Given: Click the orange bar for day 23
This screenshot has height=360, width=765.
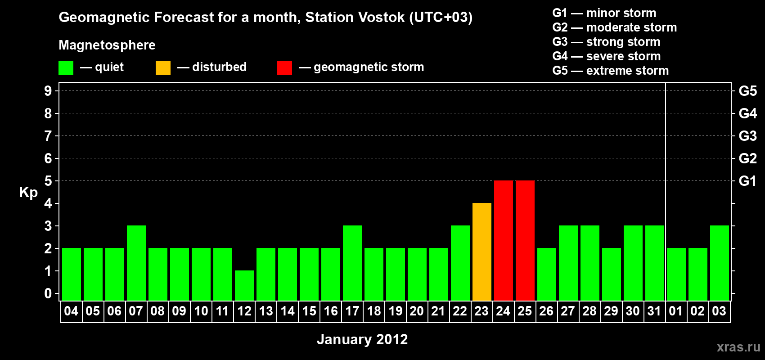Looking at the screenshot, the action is (482, 252).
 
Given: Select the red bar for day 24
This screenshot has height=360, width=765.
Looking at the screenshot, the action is (504, 240).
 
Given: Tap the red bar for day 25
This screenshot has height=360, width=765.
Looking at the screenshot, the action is (525, 240).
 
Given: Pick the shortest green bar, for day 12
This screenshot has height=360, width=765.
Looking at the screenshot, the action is (244, 286).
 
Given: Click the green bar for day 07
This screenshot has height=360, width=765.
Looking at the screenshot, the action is (136, 263).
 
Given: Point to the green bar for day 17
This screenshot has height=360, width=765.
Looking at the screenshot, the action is (352, 263).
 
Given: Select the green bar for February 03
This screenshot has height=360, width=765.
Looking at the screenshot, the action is (720, 263).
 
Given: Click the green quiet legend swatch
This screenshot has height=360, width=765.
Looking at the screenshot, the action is (66, 67).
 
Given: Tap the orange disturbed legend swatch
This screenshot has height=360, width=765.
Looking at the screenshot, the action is (163, 67).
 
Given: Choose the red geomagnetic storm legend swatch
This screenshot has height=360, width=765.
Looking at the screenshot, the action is (285, 67).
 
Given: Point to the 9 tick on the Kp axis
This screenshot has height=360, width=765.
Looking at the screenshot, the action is (48, 91).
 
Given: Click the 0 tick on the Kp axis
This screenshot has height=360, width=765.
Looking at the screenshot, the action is (48, 293).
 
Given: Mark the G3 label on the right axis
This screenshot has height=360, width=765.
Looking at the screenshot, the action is (747, 136).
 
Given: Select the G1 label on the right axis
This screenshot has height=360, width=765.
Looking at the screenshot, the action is (747, 181).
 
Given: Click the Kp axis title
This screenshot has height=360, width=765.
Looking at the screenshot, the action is (28, 193).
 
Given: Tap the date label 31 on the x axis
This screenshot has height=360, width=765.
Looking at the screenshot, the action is (654, 311).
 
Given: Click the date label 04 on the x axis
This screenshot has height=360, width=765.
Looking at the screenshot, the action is (71, 311).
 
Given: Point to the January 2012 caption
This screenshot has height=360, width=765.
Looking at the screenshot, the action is (362, 339).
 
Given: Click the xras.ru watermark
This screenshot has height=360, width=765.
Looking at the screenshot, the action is (738, 347).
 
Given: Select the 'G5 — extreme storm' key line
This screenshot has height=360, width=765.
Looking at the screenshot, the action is (611, 71).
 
